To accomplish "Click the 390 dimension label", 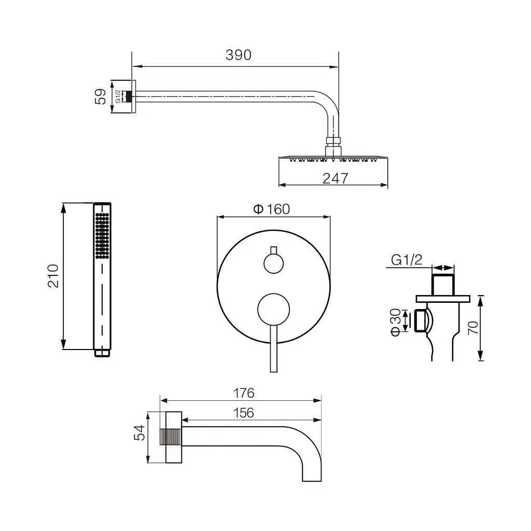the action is coord(239,55).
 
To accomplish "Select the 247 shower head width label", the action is coord(336,178).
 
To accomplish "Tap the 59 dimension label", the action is coord(101,96).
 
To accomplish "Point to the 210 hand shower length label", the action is coord(53,276).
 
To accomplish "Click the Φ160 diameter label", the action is coord(272,209).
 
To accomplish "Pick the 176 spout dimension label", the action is coord(244,393).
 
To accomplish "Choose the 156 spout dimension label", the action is coord(244,413).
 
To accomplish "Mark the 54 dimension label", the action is coord(139,433).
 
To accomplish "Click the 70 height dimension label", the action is coord(473,328).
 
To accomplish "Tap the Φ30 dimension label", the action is coord(396,323).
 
